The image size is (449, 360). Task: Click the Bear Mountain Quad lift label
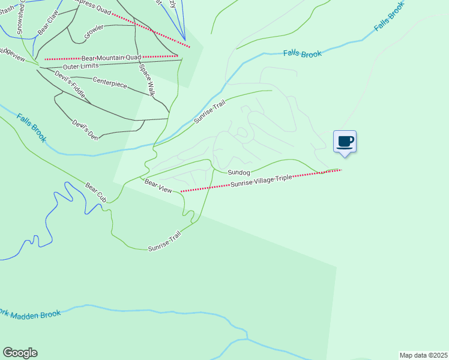click(111, 58)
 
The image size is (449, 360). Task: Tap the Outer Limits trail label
click(80, 65)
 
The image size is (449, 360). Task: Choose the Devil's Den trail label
click(85, 130)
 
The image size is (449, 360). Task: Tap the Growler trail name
click(94, 32)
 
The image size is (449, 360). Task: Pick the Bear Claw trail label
click(47, 22)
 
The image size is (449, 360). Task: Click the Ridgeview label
click(12, 54)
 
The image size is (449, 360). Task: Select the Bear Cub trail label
click(95, 192)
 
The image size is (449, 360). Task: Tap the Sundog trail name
click(238, 172)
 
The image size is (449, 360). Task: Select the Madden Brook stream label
click(30, 314)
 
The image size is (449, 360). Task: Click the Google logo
click(20, 353)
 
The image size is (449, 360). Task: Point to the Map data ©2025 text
click(423, 355)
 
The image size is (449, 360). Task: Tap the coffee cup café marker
click(345, 142)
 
